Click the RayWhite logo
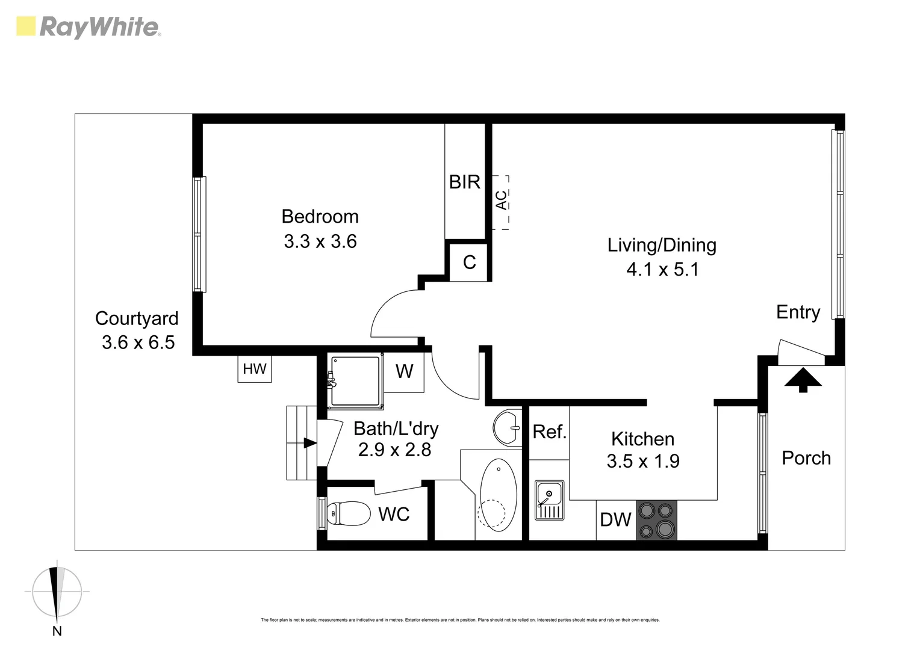point(88,27)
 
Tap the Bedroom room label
point(320,217)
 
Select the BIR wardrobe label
point(464,182)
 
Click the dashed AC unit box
point(501,202)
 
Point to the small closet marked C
point(469,262)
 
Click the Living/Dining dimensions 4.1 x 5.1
point(662,269)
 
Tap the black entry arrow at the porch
point(802,380)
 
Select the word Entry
point(798,312)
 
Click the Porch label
point(806,458)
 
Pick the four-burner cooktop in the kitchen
point(656,519)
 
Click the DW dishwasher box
point(616,519)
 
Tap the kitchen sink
point(549,500)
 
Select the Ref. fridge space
point(549,432)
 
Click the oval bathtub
point(497,495)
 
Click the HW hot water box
point(254,369)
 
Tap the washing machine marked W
point(404,372)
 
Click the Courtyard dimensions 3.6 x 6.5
point(138,342)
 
